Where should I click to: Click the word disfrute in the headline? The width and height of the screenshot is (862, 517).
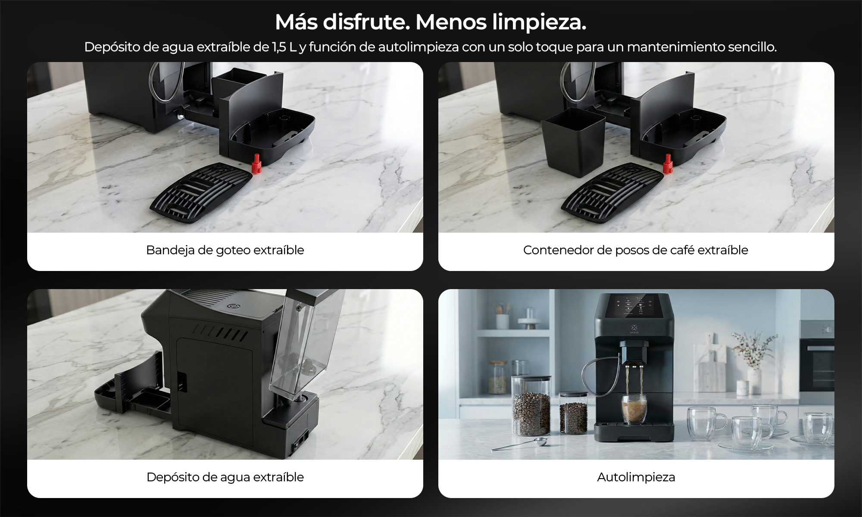[x=366, y=22]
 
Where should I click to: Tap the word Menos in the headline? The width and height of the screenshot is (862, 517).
[x=451, y=22]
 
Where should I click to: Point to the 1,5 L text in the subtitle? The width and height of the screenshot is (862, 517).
[x=284, y=47]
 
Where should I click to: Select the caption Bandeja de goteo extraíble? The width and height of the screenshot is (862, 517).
[x=225, y=250]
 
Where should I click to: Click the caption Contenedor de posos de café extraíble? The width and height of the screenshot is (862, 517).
[x=636, y=250]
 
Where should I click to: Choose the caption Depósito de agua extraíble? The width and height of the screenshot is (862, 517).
[x=225, y=477]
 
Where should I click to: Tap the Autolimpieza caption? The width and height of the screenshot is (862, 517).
[x=636, y=477]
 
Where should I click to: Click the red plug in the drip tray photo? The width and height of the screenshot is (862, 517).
[x=256, y=163]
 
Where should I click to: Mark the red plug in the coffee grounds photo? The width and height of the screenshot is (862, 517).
[x=668, y=164]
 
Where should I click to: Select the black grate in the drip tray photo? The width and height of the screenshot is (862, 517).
[x=201, y=192]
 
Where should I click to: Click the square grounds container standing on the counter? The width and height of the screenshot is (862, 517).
[x=573, y=142]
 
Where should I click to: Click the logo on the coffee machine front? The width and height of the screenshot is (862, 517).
[x=634, y=330]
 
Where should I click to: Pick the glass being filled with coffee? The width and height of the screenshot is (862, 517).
[x=634, y=409]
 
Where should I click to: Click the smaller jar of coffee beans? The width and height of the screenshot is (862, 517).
[x=573, y=412]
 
